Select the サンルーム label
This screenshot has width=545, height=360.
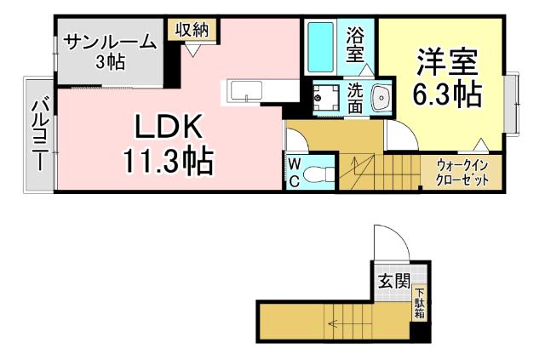pyautogui.click(x=110, y=40)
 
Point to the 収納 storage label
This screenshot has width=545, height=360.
pyautogui.click(x=191, y=29)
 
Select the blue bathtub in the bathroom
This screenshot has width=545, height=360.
pyautogui.click(x=321, y=48)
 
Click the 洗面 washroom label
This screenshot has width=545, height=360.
pyautogui.click(x=355, y=97)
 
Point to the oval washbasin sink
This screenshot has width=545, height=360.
pyautogui.click(x=381, y=97)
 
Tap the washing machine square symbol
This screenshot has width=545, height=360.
pyautogui.click(x=325, y=98)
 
